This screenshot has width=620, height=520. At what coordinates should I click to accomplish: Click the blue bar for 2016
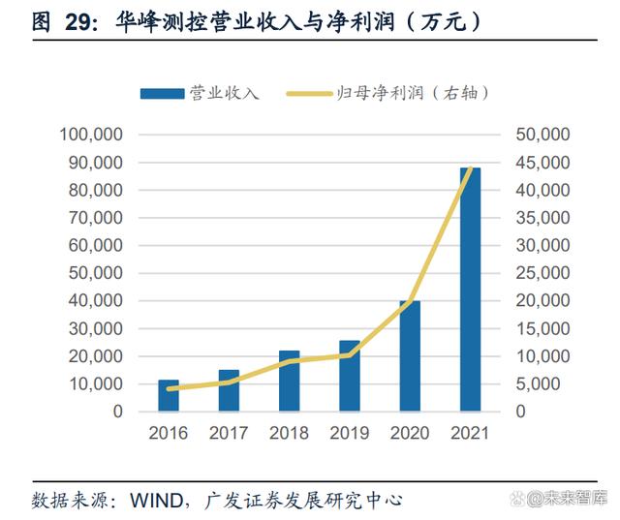169,396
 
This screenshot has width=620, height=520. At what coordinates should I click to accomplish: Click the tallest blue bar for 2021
470,290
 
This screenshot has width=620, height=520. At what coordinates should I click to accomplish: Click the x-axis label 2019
349,432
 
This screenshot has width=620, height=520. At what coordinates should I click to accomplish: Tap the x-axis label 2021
470,432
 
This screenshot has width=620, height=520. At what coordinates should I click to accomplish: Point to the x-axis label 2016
169,432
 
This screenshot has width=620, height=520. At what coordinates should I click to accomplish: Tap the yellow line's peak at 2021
470,169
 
